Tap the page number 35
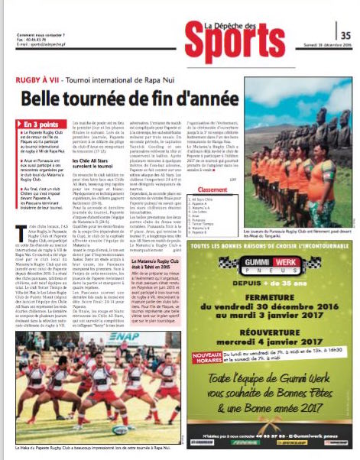[x=345, y=34]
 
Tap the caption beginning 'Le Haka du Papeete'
[x=92, y=445]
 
